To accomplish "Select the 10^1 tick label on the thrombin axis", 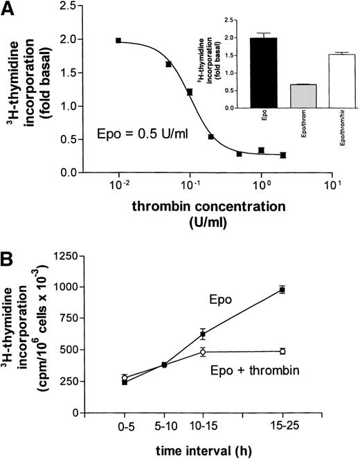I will click(336, 188).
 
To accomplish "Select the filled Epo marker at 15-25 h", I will click(282, 289).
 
